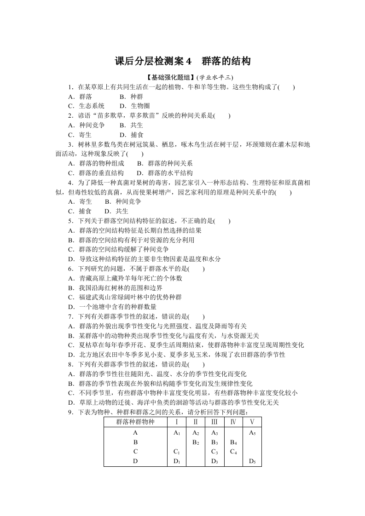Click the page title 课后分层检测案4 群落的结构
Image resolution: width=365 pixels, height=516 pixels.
pos(182,61)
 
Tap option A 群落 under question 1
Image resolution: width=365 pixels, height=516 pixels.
pos(80,97)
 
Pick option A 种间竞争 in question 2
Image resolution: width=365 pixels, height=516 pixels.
pos(87,125)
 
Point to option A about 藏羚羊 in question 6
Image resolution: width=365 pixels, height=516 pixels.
pos(125,278)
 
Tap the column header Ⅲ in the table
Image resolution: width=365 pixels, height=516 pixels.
pos(214,422)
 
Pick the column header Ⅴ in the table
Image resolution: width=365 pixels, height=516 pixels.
pos(252,422)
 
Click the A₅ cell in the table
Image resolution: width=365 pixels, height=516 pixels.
pos(252,433)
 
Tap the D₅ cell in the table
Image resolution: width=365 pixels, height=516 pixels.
pos(252,461)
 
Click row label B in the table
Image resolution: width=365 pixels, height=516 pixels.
pos(135,442)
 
